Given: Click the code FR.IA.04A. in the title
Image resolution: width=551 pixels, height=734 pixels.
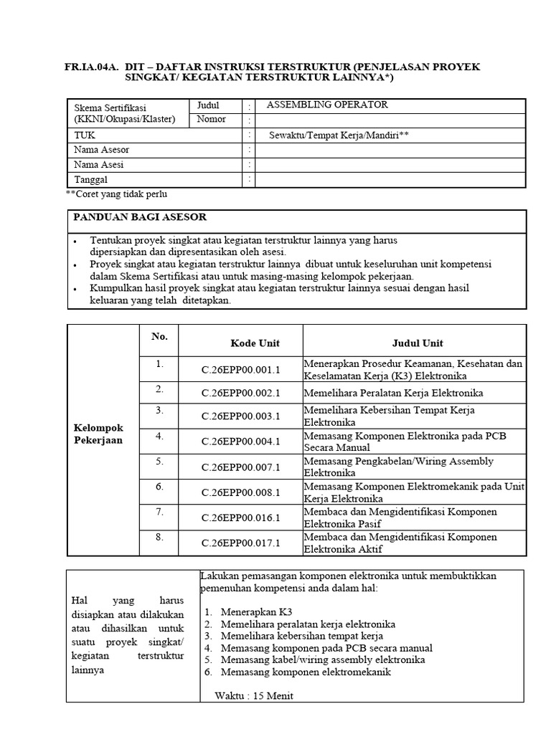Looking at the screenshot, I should click(x=91, y=67).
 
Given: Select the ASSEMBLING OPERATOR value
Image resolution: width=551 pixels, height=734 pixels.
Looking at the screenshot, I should click(x=327, y=105).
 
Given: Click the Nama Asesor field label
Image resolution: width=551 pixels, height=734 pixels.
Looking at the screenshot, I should click(x=102, y=150).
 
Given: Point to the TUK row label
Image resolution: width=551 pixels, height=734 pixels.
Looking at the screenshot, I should click(x=84, y=135).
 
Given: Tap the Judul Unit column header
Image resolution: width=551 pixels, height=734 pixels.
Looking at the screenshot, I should click(x=418, y=343).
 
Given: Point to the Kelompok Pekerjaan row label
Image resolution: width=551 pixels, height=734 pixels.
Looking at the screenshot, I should click(x=98, y=434).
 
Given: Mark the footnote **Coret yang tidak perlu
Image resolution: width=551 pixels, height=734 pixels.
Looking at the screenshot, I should click(x=118, y=194).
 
